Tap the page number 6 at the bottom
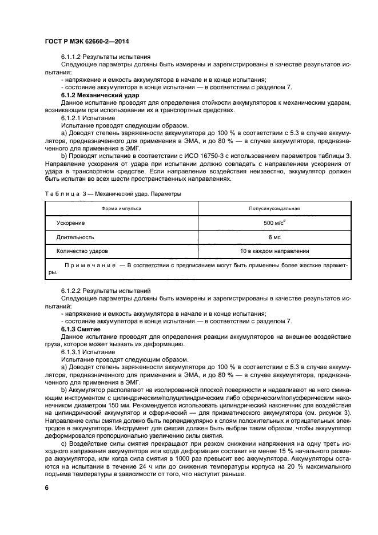click(46, 486)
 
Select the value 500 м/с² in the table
click(274, 223)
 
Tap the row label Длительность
click(75, 237)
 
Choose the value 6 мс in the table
click(274, 237)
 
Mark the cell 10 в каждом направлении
click(274, 251)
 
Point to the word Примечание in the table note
click(89, 265)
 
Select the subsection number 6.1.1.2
click(72, 57)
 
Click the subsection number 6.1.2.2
click(72, 291)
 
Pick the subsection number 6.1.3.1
click(72, 352)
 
